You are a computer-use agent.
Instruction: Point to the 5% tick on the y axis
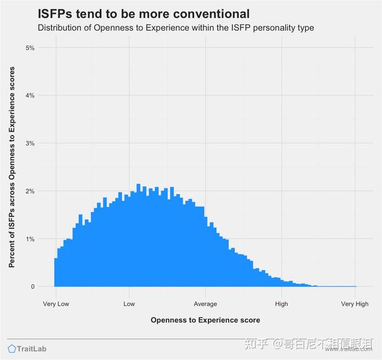point(29,48)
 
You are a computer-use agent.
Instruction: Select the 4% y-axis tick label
point(29,96)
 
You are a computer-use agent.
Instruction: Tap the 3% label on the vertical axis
point(29,143)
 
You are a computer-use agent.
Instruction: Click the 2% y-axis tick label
point(29,191)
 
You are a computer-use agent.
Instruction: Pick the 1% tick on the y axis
point(29,239)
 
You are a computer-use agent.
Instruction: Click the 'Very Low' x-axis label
point(56,304)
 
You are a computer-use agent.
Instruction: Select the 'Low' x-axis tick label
point(130,304)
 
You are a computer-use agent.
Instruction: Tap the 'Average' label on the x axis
point(205,304)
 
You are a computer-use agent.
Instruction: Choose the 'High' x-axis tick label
point(280,304)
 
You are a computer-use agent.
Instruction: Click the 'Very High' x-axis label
point(355,304)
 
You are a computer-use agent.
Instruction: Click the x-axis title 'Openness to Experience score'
point(205,320)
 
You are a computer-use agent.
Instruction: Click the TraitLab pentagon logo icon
point(12,349)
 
